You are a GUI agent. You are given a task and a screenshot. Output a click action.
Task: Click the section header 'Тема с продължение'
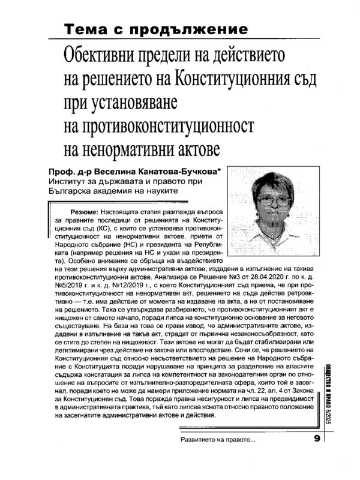point(156,29)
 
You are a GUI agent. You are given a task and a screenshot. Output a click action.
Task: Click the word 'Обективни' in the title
point(107,58)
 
